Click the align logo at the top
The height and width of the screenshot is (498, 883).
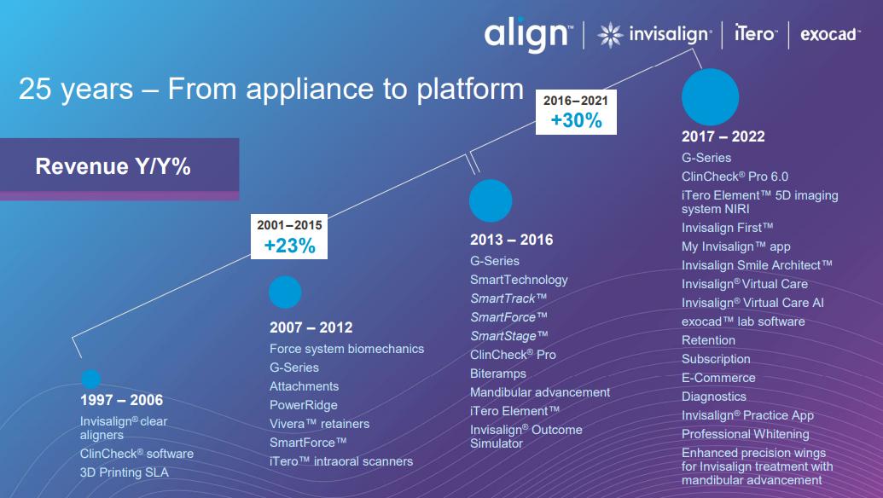(528, 34)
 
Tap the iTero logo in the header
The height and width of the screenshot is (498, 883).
(755, 34)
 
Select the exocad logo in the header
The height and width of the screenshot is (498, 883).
(829, 35)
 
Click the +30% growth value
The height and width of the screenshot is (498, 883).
(576, 121)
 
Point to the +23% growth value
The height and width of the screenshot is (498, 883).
(289, 246)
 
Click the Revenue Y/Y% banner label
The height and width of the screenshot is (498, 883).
(113, 166)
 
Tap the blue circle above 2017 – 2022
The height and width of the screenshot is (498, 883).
(710, 96)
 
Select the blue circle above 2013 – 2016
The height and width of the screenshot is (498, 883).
(491, 201)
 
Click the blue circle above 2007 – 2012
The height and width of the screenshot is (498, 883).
(285, 292)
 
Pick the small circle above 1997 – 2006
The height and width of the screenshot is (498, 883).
(90, 379)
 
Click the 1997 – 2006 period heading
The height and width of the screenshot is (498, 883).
(121, 400)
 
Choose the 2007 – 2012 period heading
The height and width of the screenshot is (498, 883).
(311, 327)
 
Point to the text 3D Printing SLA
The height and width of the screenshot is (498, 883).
(125, 472)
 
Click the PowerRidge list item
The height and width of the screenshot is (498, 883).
(304, 405)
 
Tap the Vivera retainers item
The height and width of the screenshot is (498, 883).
(320, 424)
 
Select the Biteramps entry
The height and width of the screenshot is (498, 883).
(498, 373)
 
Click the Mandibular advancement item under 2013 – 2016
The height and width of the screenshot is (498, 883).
(540, 392)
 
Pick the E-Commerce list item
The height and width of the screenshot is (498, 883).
(718, 378)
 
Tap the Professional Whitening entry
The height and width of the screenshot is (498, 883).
(745, 434)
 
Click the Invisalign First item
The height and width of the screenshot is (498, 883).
(727, 228)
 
